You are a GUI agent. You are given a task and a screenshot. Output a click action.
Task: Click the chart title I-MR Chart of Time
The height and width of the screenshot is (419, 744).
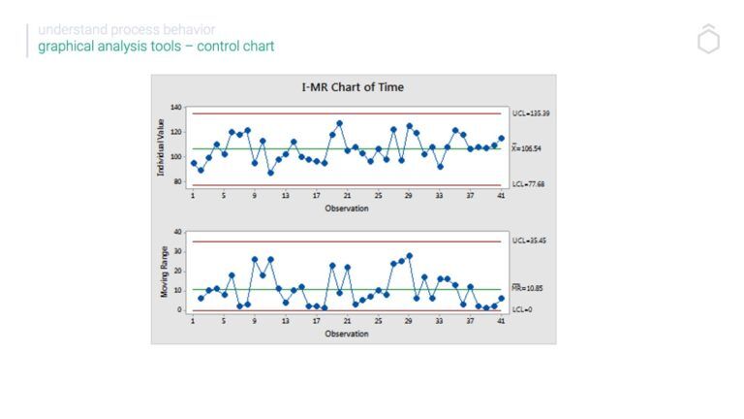(353, 87)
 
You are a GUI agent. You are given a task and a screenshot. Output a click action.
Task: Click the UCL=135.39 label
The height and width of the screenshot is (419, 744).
(530, 113)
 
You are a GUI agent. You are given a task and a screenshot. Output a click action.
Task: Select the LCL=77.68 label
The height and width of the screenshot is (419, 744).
(529, 183)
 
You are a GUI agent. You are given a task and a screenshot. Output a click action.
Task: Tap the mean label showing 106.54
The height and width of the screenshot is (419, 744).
(528, 148)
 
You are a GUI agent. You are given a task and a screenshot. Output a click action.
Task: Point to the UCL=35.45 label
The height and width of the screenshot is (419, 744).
(528, 240)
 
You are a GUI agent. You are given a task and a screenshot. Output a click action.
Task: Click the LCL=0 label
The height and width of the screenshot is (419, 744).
(522, 309)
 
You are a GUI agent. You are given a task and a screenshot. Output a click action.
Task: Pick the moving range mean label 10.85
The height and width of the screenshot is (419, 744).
(528, 288)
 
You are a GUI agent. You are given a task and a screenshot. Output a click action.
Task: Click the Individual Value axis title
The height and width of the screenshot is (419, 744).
(162, 147)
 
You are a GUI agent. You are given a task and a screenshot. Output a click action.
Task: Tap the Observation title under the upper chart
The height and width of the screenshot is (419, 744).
(347, 209)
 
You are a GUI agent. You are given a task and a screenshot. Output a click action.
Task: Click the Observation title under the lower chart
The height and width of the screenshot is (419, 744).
(347, 335)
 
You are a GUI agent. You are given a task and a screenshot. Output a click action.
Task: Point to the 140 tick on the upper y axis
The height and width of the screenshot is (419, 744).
(176, 106)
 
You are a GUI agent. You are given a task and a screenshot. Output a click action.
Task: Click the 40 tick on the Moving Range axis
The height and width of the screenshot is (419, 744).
(178, 232)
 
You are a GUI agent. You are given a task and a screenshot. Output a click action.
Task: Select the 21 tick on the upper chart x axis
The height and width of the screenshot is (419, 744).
(347, 196)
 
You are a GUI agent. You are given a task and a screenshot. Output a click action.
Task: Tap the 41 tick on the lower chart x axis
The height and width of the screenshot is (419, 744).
(501, 321)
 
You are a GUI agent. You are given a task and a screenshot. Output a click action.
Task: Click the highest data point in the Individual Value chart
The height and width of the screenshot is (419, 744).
(339, 123)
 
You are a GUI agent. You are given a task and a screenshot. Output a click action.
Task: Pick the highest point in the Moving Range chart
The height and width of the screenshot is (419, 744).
(409, 256)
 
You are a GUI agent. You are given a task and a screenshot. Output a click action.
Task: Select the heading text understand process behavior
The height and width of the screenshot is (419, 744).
(127, 30)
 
